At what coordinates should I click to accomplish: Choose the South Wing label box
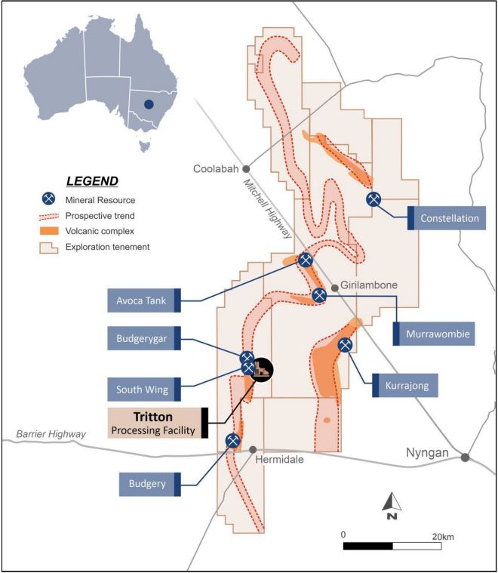click(x=141, y=390)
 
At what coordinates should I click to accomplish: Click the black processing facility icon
click(x=260, y=369)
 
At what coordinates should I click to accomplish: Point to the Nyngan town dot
click(x=466, y=457)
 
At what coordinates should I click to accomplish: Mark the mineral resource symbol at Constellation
click(x=373, y=199)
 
